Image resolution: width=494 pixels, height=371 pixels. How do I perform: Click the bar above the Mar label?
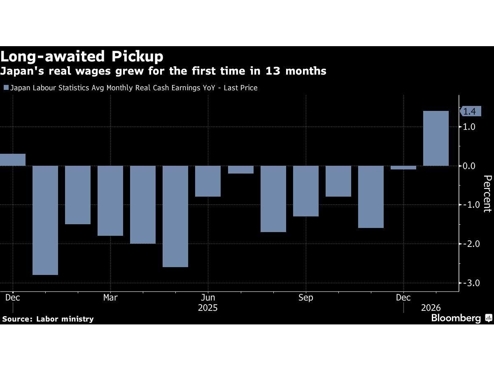click(110, 201)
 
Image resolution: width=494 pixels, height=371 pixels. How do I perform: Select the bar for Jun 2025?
click(208, 181)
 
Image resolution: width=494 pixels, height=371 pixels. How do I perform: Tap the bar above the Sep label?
click(306, 191)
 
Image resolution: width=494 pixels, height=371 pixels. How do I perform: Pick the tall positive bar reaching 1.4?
click(436, 139)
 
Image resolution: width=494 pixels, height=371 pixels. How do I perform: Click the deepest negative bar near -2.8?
click(45, 220)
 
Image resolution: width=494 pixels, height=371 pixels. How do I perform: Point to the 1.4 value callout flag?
click(469, 111)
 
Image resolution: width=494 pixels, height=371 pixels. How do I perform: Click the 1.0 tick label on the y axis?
click(470, 127)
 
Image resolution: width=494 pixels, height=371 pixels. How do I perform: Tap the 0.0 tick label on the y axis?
click(470, 166)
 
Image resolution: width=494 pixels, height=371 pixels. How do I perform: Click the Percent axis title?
click(487, 193)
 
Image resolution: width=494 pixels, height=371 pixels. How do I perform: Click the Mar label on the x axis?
click(110, 298)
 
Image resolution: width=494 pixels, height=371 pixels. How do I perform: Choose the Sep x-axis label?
click(306, 298)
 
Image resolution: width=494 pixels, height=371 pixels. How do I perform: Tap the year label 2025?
click(208, 308)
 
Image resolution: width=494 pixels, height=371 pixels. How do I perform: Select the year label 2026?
click(431, 308)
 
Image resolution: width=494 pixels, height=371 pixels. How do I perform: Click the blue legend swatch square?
click(6, 87)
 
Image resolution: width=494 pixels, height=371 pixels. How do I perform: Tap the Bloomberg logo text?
click(456, 318)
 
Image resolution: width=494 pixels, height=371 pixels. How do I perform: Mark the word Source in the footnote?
click(15, 319)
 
